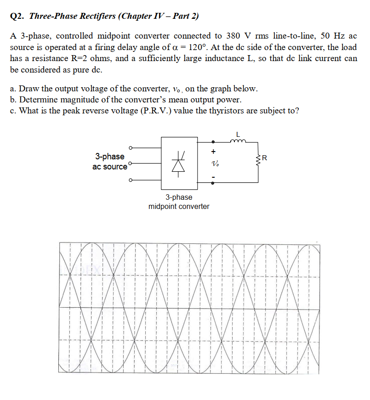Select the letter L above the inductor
tap(238, 134)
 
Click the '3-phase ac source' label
tap(109, 162)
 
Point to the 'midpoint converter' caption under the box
tap(179, 207)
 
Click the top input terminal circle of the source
tap(131, 148)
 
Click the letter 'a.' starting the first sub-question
tap(13, 89)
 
